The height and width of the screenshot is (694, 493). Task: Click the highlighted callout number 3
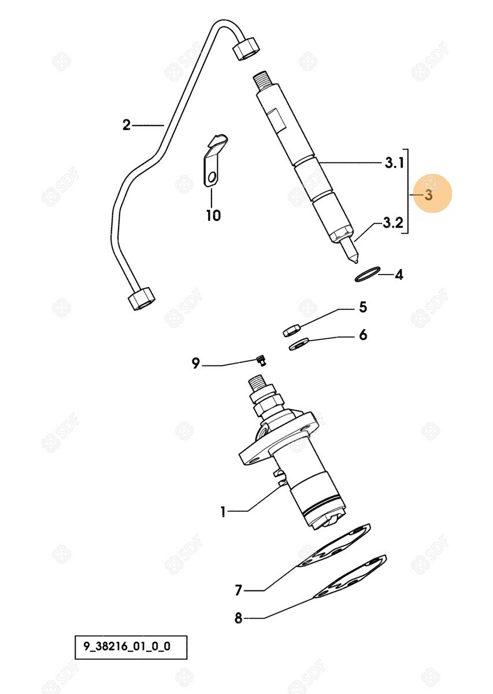pyautogui.click(x=429, y=195)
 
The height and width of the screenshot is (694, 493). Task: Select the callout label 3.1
pyautogui.click(x=394, y=163)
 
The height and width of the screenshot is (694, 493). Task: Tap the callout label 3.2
pyautogui.click(x=393, y=223)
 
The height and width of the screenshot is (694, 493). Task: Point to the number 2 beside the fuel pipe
pyautogui.click(x=127, y=125)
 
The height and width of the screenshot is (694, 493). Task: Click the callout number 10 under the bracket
pyautogui.click(x=213, y=215)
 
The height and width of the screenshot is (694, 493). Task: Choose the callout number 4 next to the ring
pyautogui.click(x=399, y=275)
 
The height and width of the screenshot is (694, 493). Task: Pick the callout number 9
pyautogui.click(x=196, y=363)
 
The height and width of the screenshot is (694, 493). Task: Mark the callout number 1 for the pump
pyautogui.click(x=223, y=512)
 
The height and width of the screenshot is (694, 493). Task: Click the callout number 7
pyautogui.click(x=238, y=590)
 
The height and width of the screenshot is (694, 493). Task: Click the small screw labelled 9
pyautogui.click(x=261, y=361)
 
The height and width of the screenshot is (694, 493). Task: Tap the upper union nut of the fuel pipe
pyautogui.click(x=246, y=49)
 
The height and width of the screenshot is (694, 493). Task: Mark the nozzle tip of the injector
pyautogui.click(x=356, y=261)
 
